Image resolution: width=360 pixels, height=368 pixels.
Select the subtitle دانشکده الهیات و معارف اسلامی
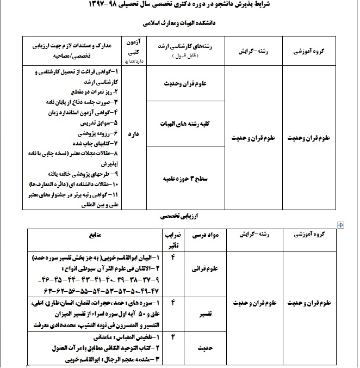tap(180, 24)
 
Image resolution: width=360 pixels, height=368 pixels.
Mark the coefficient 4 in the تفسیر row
tap(173, 301)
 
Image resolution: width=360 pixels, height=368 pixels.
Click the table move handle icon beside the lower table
tap(341, 224)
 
